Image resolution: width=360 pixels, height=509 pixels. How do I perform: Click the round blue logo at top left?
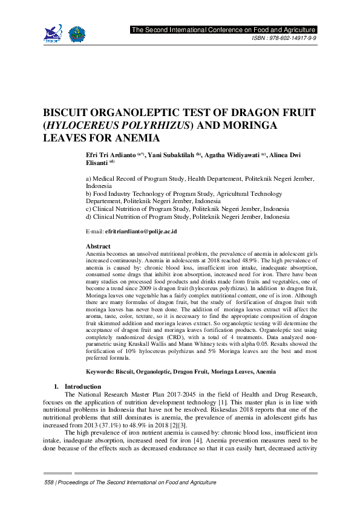coord(77,34)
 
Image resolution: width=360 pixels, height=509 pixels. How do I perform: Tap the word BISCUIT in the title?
coord(67,114)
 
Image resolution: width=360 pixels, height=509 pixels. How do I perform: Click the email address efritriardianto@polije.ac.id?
coord(141,232)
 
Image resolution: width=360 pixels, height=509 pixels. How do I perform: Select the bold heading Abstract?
coord(99,247)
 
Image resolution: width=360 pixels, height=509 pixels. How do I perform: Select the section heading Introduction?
coord(82,386)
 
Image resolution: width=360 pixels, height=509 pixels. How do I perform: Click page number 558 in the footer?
coord(50,482)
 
